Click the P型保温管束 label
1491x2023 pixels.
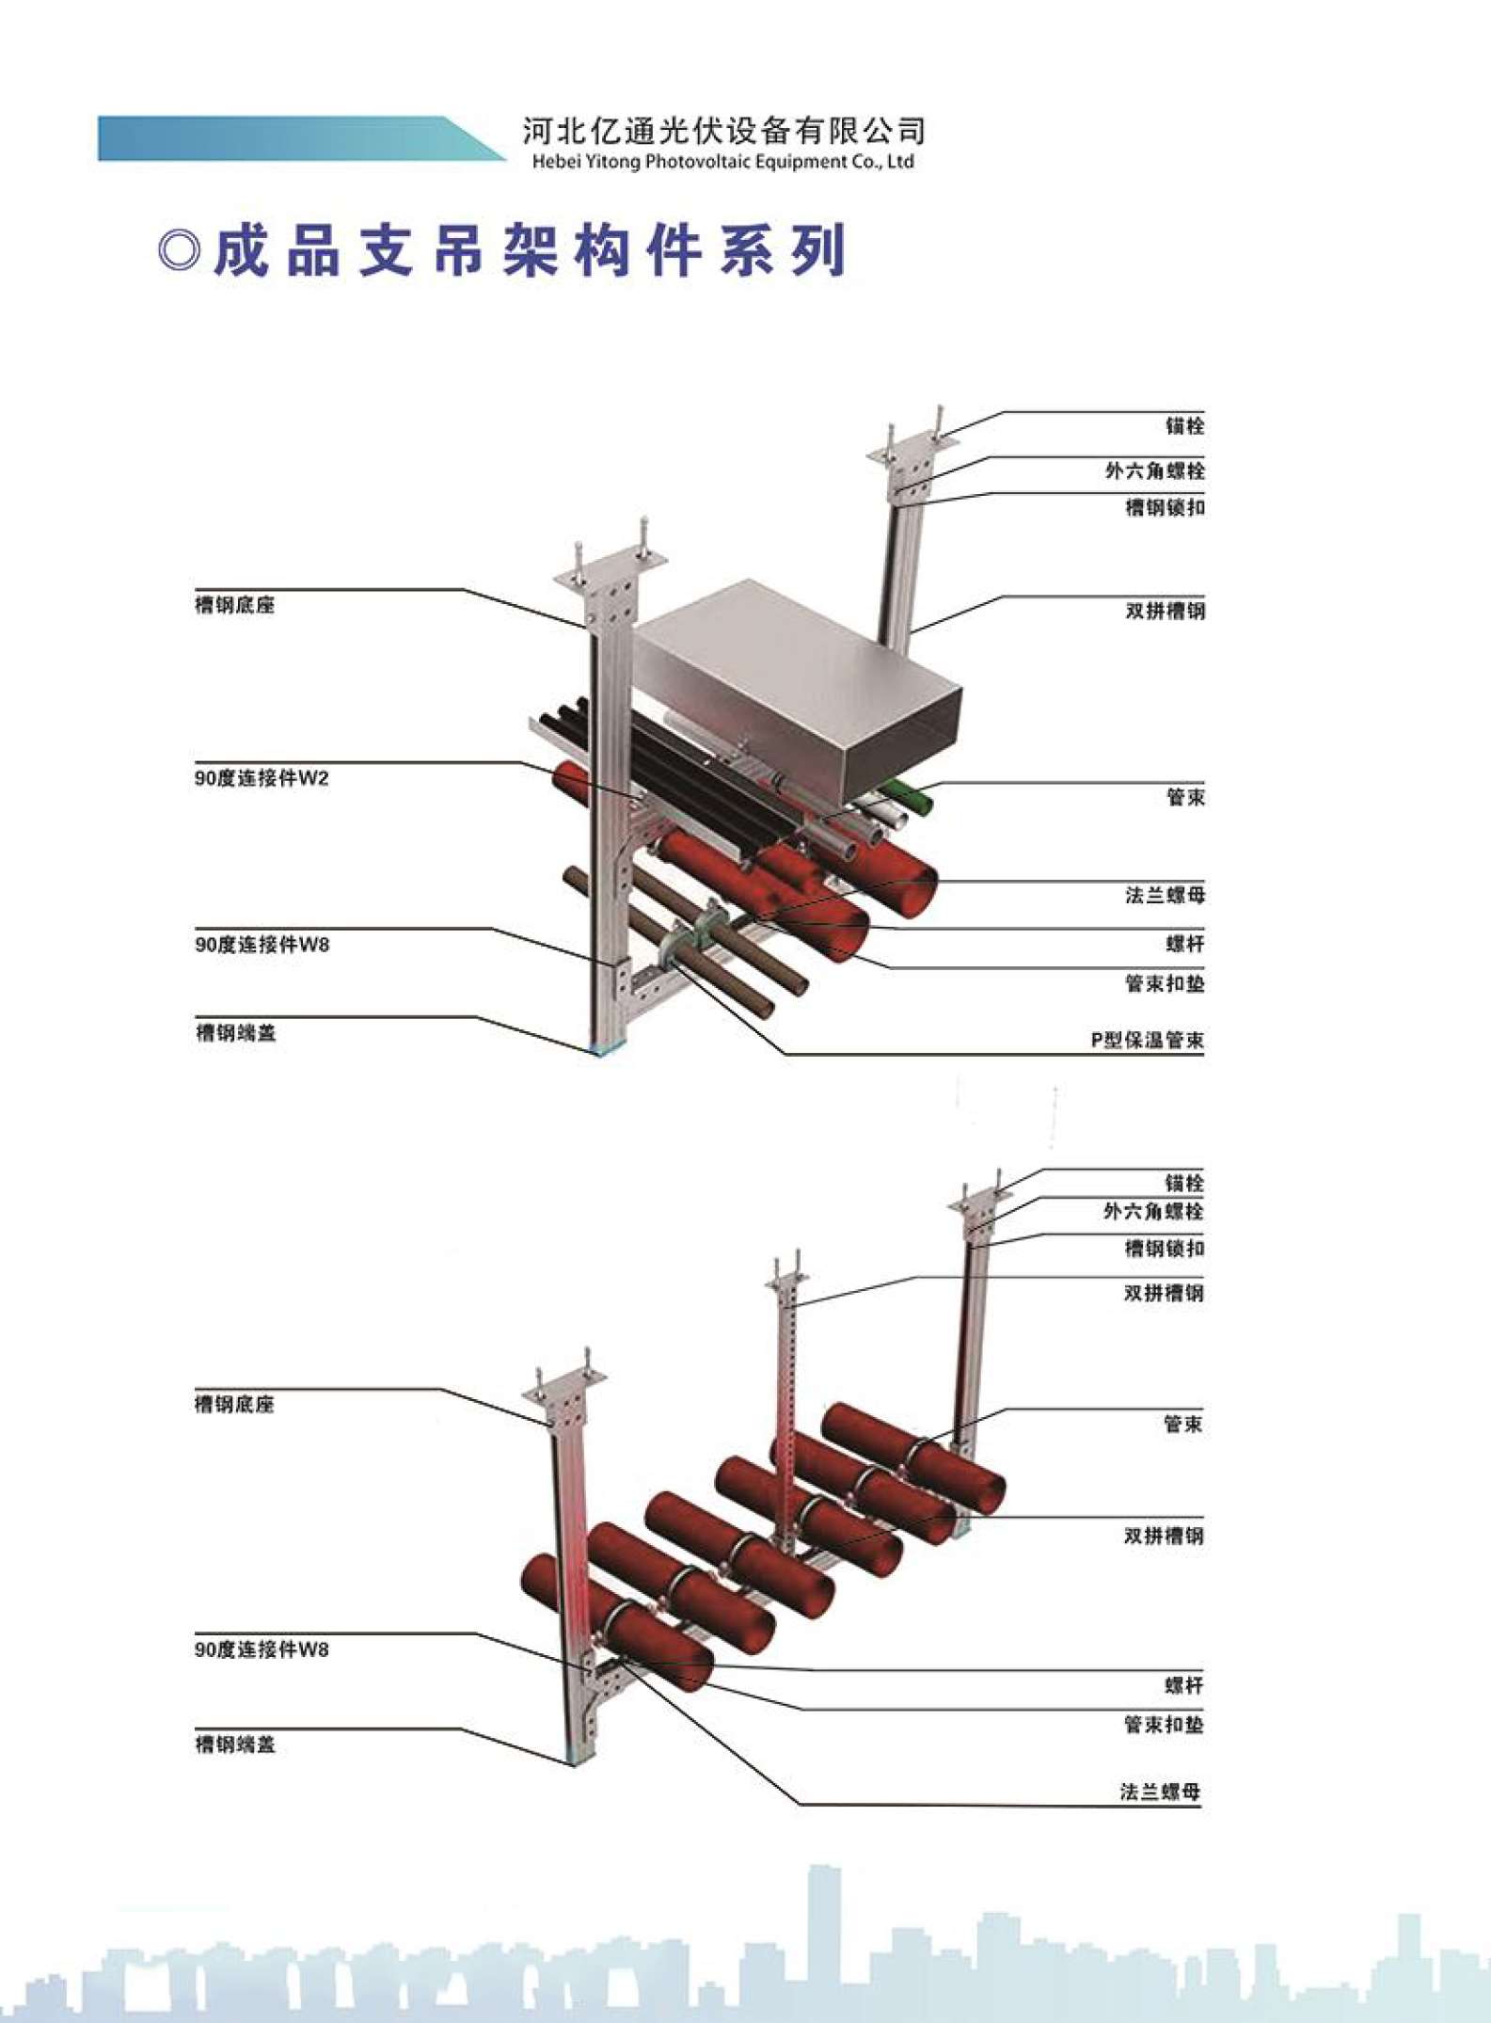[1147, 1040]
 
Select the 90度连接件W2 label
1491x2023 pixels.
[262, 778]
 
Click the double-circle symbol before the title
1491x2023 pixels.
[180, 251]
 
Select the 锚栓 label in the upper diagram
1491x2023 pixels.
[1185, 426]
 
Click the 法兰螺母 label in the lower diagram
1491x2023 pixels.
[1162, 1792]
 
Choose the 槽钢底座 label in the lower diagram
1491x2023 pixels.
[234, 1404]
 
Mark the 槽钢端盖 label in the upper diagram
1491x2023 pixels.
[235, 1032]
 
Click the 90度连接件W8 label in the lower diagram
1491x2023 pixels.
[262, 1649]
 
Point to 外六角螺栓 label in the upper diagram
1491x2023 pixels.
[1154, 470]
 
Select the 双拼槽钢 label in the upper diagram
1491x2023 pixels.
[1166, 611]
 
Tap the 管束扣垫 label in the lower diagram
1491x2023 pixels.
[1164, 1724]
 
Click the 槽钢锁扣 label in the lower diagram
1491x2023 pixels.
[1165, 1249]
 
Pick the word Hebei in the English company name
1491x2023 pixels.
[553, 162]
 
